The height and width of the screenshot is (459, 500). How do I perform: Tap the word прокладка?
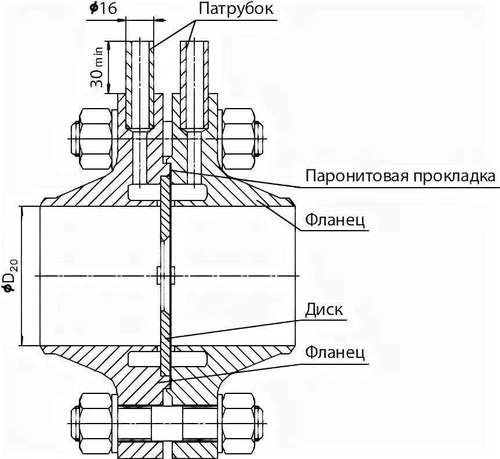tap(458, 175)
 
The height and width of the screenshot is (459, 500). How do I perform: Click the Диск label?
tap(324, 309)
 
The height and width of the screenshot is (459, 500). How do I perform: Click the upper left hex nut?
tap(93, 138)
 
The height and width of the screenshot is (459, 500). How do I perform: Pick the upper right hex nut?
tap(238, 138)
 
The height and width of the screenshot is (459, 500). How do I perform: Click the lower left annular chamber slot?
tap(142, 359)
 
